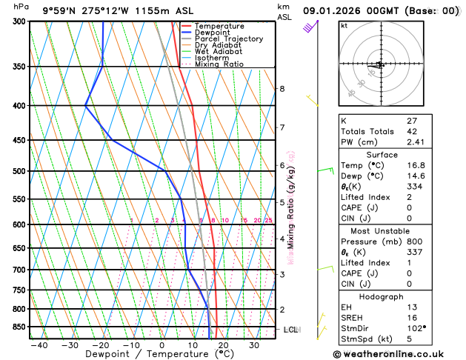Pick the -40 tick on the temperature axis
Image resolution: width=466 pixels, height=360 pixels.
39,344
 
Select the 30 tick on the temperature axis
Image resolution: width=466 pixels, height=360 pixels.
253,344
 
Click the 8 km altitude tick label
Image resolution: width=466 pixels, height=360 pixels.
282,89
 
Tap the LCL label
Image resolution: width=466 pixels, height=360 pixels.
290,329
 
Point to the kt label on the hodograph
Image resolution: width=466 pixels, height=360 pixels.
344,25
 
